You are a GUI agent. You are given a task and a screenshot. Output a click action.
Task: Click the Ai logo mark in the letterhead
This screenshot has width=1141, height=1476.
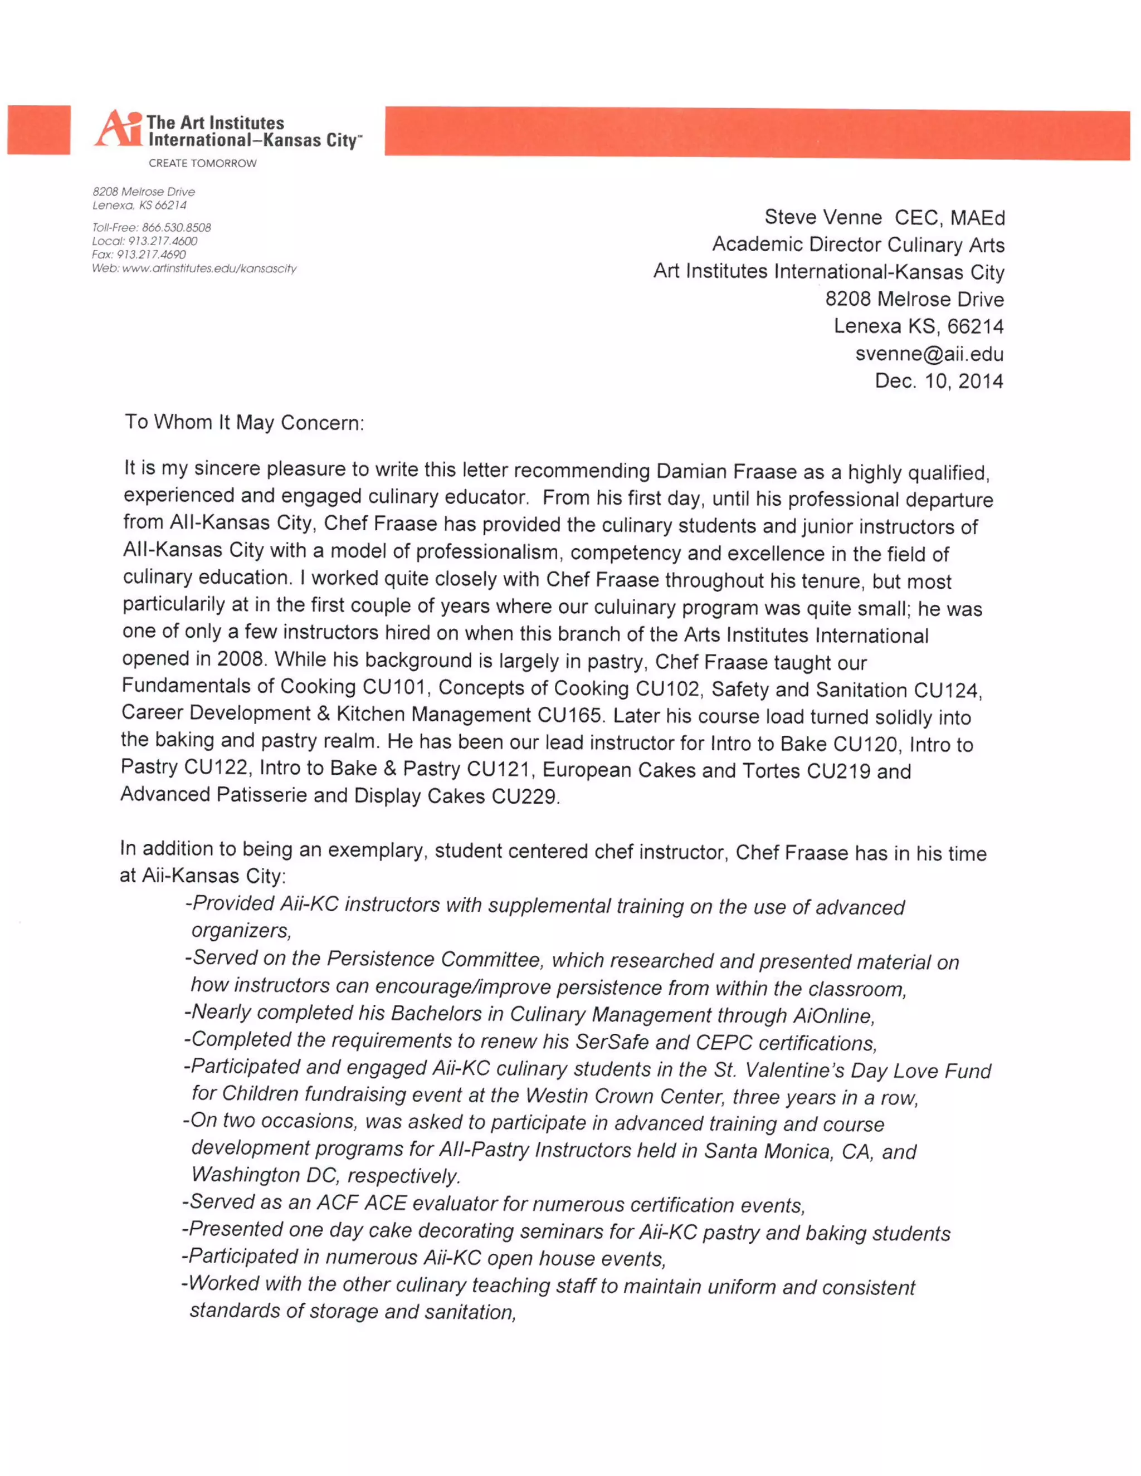click(x=118, y=129)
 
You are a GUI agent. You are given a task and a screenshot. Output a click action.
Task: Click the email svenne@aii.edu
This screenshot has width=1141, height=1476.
click(x=929, y=354)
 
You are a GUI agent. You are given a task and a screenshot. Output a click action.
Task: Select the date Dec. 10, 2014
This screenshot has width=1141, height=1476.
click(x=938, y=381)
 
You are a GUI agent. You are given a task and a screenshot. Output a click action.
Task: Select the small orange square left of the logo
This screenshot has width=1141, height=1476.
click(x=39, y=130)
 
